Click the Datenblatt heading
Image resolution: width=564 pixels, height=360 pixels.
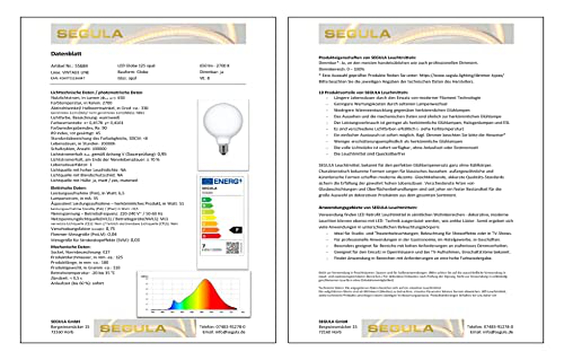[x=66, y=54]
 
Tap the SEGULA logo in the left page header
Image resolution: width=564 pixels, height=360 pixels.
[x=90, y=34]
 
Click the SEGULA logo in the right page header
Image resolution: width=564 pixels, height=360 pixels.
[x=357, y=34]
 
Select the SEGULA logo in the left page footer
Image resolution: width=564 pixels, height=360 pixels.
[x=133, y=328]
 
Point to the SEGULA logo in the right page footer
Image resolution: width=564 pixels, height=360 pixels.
[x=400, y=328]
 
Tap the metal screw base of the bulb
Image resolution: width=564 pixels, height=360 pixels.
[x=223, y=149]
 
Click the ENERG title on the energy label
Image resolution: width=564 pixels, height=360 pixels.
[x=227, y=181]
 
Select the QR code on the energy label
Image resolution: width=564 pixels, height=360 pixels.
[x=232, y=248]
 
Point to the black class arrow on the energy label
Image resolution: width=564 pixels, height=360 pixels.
[x=236, y=230]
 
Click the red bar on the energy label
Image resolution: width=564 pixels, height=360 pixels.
[x=211, y=236]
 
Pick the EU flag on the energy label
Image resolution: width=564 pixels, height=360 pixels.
[x=207, y=181]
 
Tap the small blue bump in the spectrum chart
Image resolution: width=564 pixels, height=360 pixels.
[x=174, y=304]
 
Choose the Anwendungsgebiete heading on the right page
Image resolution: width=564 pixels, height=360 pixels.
[x=367, y=207]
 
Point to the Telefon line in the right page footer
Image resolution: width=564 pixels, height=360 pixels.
[x=490, y=326]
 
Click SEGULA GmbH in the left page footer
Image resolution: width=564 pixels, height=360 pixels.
[x=65, y=321]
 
